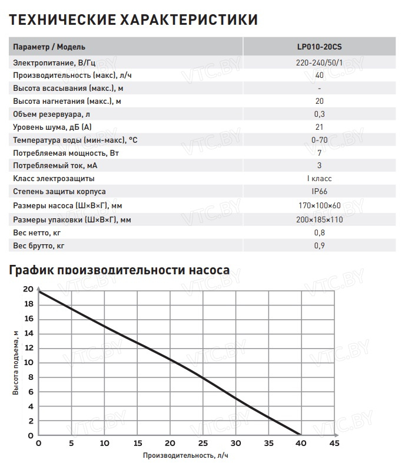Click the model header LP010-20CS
(319, 47)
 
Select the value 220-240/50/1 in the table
(319, 63)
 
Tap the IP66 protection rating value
(319, 192)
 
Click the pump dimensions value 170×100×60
(319, 205)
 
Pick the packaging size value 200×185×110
(319, 219)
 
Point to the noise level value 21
(319, 127)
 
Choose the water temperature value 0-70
(319, 140)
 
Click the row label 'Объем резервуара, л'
(51, 114)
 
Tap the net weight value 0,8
(319, 232)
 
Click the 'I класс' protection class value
(319, 179)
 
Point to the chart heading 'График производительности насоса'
(118, 271)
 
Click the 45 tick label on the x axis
(333, 443)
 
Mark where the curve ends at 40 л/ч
(300, 435)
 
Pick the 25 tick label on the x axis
(203, 443)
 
